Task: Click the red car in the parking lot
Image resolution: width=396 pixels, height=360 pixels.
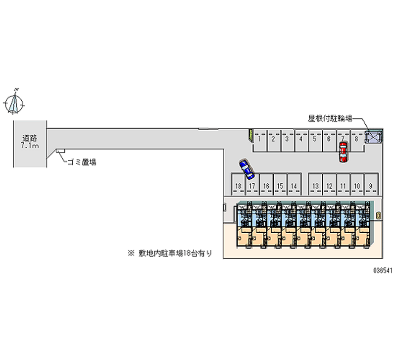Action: tap(343, 152)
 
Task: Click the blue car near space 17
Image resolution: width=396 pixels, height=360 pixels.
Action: tap(246, 169)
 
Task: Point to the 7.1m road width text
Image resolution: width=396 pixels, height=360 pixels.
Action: tap(30, 147)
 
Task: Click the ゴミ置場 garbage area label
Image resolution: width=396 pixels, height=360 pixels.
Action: tap(82, 162)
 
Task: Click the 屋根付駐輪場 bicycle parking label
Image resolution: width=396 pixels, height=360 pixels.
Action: tap(330, 118)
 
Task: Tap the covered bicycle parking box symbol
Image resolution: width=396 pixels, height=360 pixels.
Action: tap(374, 137)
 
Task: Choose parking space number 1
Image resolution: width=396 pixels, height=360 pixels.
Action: tap(259, 139)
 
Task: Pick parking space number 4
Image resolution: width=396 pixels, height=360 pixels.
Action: tap(300, 139)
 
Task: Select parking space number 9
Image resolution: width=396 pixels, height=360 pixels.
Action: tap(370, 186)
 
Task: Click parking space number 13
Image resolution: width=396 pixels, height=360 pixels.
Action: tap(315, 186)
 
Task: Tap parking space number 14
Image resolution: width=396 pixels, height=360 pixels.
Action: tap(294, 186)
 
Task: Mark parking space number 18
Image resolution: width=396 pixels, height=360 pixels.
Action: tap(238, 186)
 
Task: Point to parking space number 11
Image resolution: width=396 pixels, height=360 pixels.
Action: tap(343, 186)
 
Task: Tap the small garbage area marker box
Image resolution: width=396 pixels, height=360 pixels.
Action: tap(60, 151)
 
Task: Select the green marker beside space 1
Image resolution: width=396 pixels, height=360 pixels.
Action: tap(251, 135)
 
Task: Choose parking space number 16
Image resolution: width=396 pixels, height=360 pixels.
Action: tap(266, 186)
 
